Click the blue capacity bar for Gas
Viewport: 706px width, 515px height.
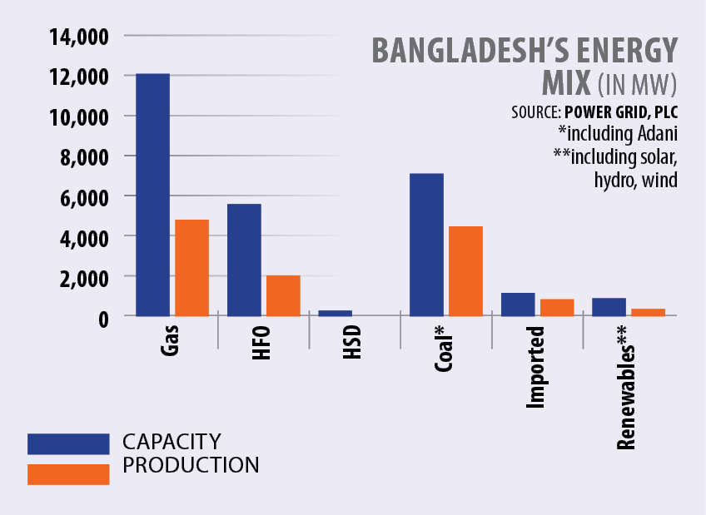[x=152, y=195]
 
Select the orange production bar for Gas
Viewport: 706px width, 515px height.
[x=191, y=267]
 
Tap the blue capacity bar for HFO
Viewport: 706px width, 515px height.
[x=244, y=260]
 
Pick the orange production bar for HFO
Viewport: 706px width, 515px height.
[x=283, y=295]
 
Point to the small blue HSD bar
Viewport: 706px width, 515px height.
[x=335, y=313]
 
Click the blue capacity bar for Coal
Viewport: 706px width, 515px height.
[x=426, y=245]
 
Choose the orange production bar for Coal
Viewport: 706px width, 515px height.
[x=465, y=270]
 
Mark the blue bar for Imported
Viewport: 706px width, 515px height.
[x=518, y=304]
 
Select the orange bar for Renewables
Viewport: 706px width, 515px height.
[x=648, y=312]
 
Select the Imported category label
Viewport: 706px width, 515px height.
[x=537, y=367]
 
